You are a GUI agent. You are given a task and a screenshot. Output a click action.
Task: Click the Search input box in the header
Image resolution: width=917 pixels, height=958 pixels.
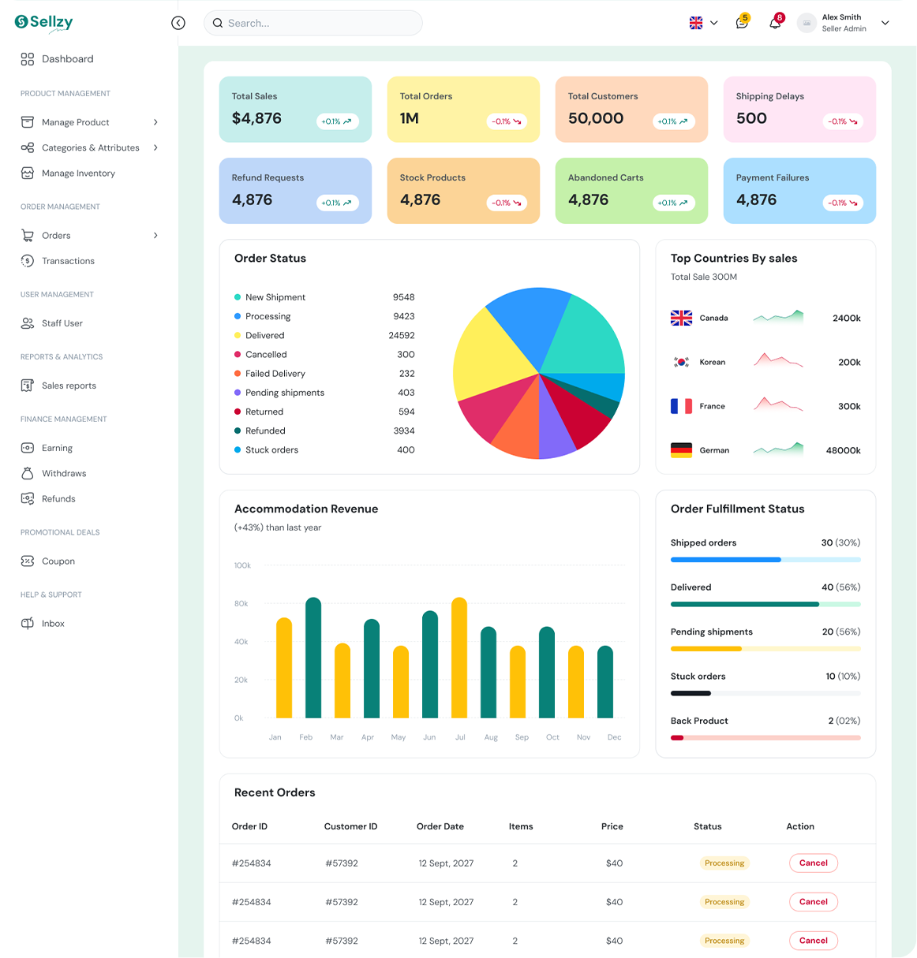(313, 23)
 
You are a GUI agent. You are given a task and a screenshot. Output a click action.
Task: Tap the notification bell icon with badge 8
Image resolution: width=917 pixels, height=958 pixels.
(774, 23)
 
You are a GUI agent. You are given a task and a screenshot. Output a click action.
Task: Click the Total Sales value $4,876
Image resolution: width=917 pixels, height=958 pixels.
(256, 118)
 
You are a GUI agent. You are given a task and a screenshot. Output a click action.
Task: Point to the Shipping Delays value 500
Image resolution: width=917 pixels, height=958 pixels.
(751, 118)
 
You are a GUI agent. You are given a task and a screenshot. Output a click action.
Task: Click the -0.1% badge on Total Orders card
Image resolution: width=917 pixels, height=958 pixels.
(506, 121)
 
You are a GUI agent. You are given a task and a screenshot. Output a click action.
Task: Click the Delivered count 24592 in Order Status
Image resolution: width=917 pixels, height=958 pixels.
(401, 335)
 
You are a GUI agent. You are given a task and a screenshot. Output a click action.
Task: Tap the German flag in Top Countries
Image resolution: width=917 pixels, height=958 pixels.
(681, 450)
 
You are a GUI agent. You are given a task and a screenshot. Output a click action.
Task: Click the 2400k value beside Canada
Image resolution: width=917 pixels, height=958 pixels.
(846, 318)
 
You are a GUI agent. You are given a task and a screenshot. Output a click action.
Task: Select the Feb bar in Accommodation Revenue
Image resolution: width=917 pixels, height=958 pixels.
(313, 658)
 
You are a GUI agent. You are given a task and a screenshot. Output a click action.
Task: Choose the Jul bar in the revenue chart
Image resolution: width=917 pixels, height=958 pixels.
(458, 658)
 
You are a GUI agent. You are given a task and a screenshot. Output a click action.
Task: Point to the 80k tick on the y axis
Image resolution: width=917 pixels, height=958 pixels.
(241, 603)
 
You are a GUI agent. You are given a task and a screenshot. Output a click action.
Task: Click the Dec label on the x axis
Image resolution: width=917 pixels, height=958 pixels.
(614, 737)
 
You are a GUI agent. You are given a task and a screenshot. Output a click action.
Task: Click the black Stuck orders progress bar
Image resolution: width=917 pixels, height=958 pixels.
(691, 693)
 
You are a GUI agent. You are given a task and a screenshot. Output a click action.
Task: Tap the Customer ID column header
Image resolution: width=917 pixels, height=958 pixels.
(350, 826)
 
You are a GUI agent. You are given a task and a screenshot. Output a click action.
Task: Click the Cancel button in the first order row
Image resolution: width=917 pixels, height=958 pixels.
(813, 863)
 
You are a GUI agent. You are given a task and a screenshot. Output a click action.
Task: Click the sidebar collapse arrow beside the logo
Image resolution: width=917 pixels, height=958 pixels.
(178, 23)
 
